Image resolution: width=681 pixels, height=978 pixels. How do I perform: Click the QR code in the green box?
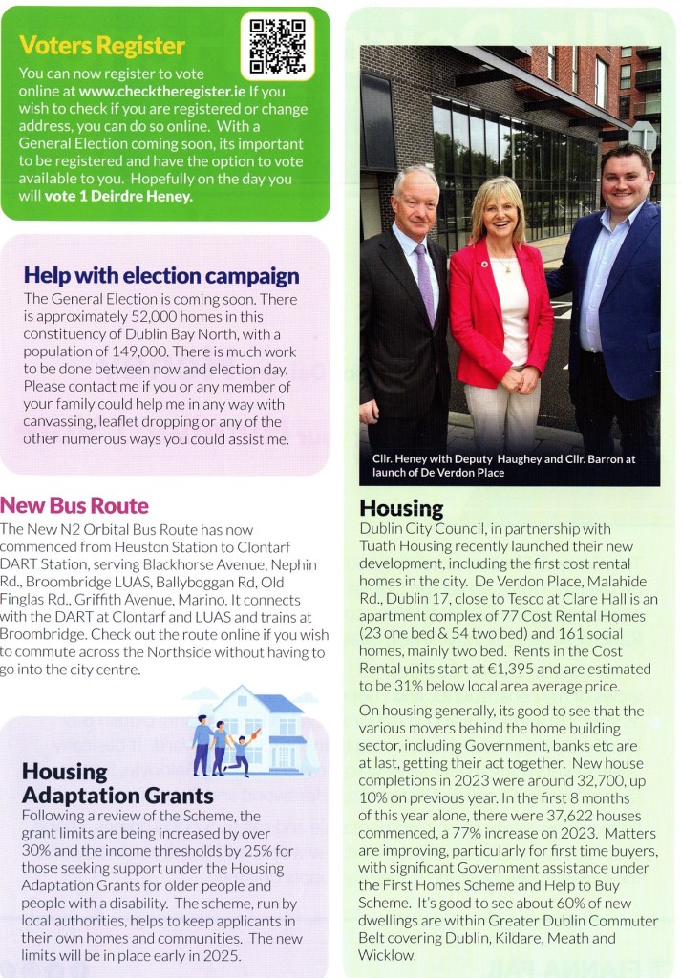click(x=277, y=46)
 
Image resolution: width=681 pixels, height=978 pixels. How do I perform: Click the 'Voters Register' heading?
click(x=102, y=46)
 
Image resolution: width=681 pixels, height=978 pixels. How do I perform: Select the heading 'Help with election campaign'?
click(x=160, y=276)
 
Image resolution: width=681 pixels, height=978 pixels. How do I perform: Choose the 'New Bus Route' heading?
click(x=75, y=505)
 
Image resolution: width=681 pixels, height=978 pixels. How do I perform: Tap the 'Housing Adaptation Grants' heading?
click(x=117, y=782)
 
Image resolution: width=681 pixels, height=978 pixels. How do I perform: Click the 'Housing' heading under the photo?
click(x=401, y=508)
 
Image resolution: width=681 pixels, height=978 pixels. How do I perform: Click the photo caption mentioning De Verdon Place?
click(x=503, y=465)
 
